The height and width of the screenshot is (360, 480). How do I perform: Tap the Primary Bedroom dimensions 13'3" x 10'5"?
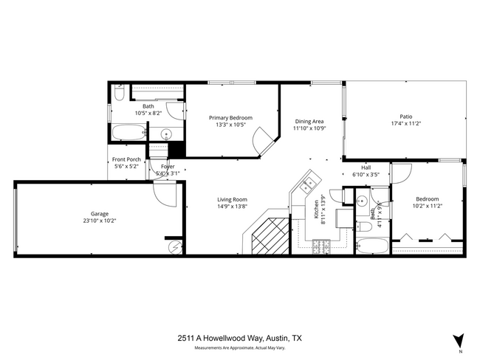tap(230, 125)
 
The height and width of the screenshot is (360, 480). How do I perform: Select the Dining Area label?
tap(309, 121)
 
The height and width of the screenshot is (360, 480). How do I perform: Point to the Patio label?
tap(406, 117)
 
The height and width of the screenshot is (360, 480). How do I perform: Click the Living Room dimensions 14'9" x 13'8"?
tap(232, 207)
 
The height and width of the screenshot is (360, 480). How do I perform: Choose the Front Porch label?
tap(126, 159)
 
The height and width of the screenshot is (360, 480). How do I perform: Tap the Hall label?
tap(366, 167)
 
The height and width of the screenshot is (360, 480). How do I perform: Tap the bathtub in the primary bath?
tap(128, 134)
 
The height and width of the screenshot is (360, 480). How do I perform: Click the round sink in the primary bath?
tap(167, 134)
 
